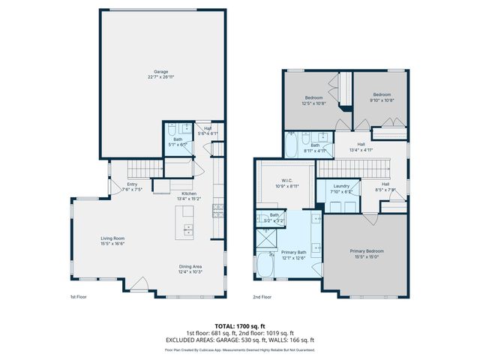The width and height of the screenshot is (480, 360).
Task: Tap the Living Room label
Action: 112,239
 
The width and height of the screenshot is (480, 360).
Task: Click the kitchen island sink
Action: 187,227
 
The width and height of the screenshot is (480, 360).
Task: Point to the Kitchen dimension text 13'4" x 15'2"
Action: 188,199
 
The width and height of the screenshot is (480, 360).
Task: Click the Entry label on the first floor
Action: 132,184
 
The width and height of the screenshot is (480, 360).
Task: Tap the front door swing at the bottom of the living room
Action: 139,285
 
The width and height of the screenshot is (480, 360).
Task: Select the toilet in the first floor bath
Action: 172,129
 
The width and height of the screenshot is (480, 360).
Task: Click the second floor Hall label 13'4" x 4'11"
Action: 361,148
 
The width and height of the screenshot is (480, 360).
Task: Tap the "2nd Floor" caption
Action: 263,298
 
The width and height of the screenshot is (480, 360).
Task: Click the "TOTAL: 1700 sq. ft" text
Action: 239,326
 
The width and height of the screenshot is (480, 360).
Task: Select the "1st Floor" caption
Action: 79,298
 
